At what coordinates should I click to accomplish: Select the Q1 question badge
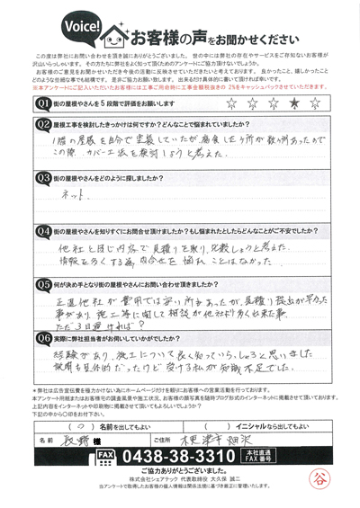coord(41,103)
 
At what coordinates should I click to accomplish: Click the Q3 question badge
coord(41,178)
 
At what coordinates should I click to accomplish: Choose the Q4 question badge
coord(41,231)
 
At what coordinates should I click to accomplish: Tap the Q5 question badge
coord(41,284)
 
